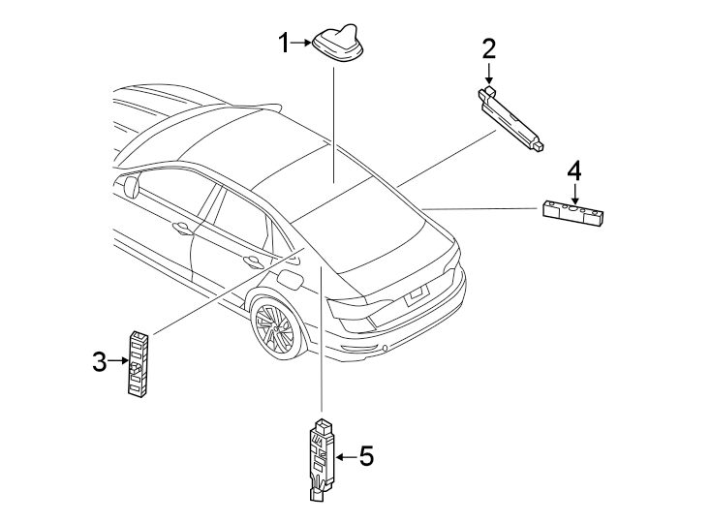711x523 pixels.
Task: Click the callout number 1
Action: [x=285, y=43]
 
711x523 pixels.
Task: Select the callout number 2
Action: [x=489, y=48]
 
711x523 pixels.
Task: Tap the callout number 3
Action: [x=99, y=362]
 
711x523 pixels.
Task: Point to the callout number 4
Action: [x=574, y=170]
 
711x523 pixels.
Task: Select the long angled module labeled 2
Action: [x=512, y=116]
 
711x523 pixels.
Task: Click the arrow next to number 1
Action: [x=301, y=43]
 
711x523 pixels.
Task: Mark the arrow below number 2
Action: [x=489, y=74]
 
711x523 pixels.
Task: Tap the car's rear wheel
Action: [x=274, y=327]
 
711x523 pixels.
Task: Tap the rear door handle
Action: [x=254, y=261]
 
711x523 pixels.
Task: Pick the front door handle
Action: [x=181, y=229]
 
